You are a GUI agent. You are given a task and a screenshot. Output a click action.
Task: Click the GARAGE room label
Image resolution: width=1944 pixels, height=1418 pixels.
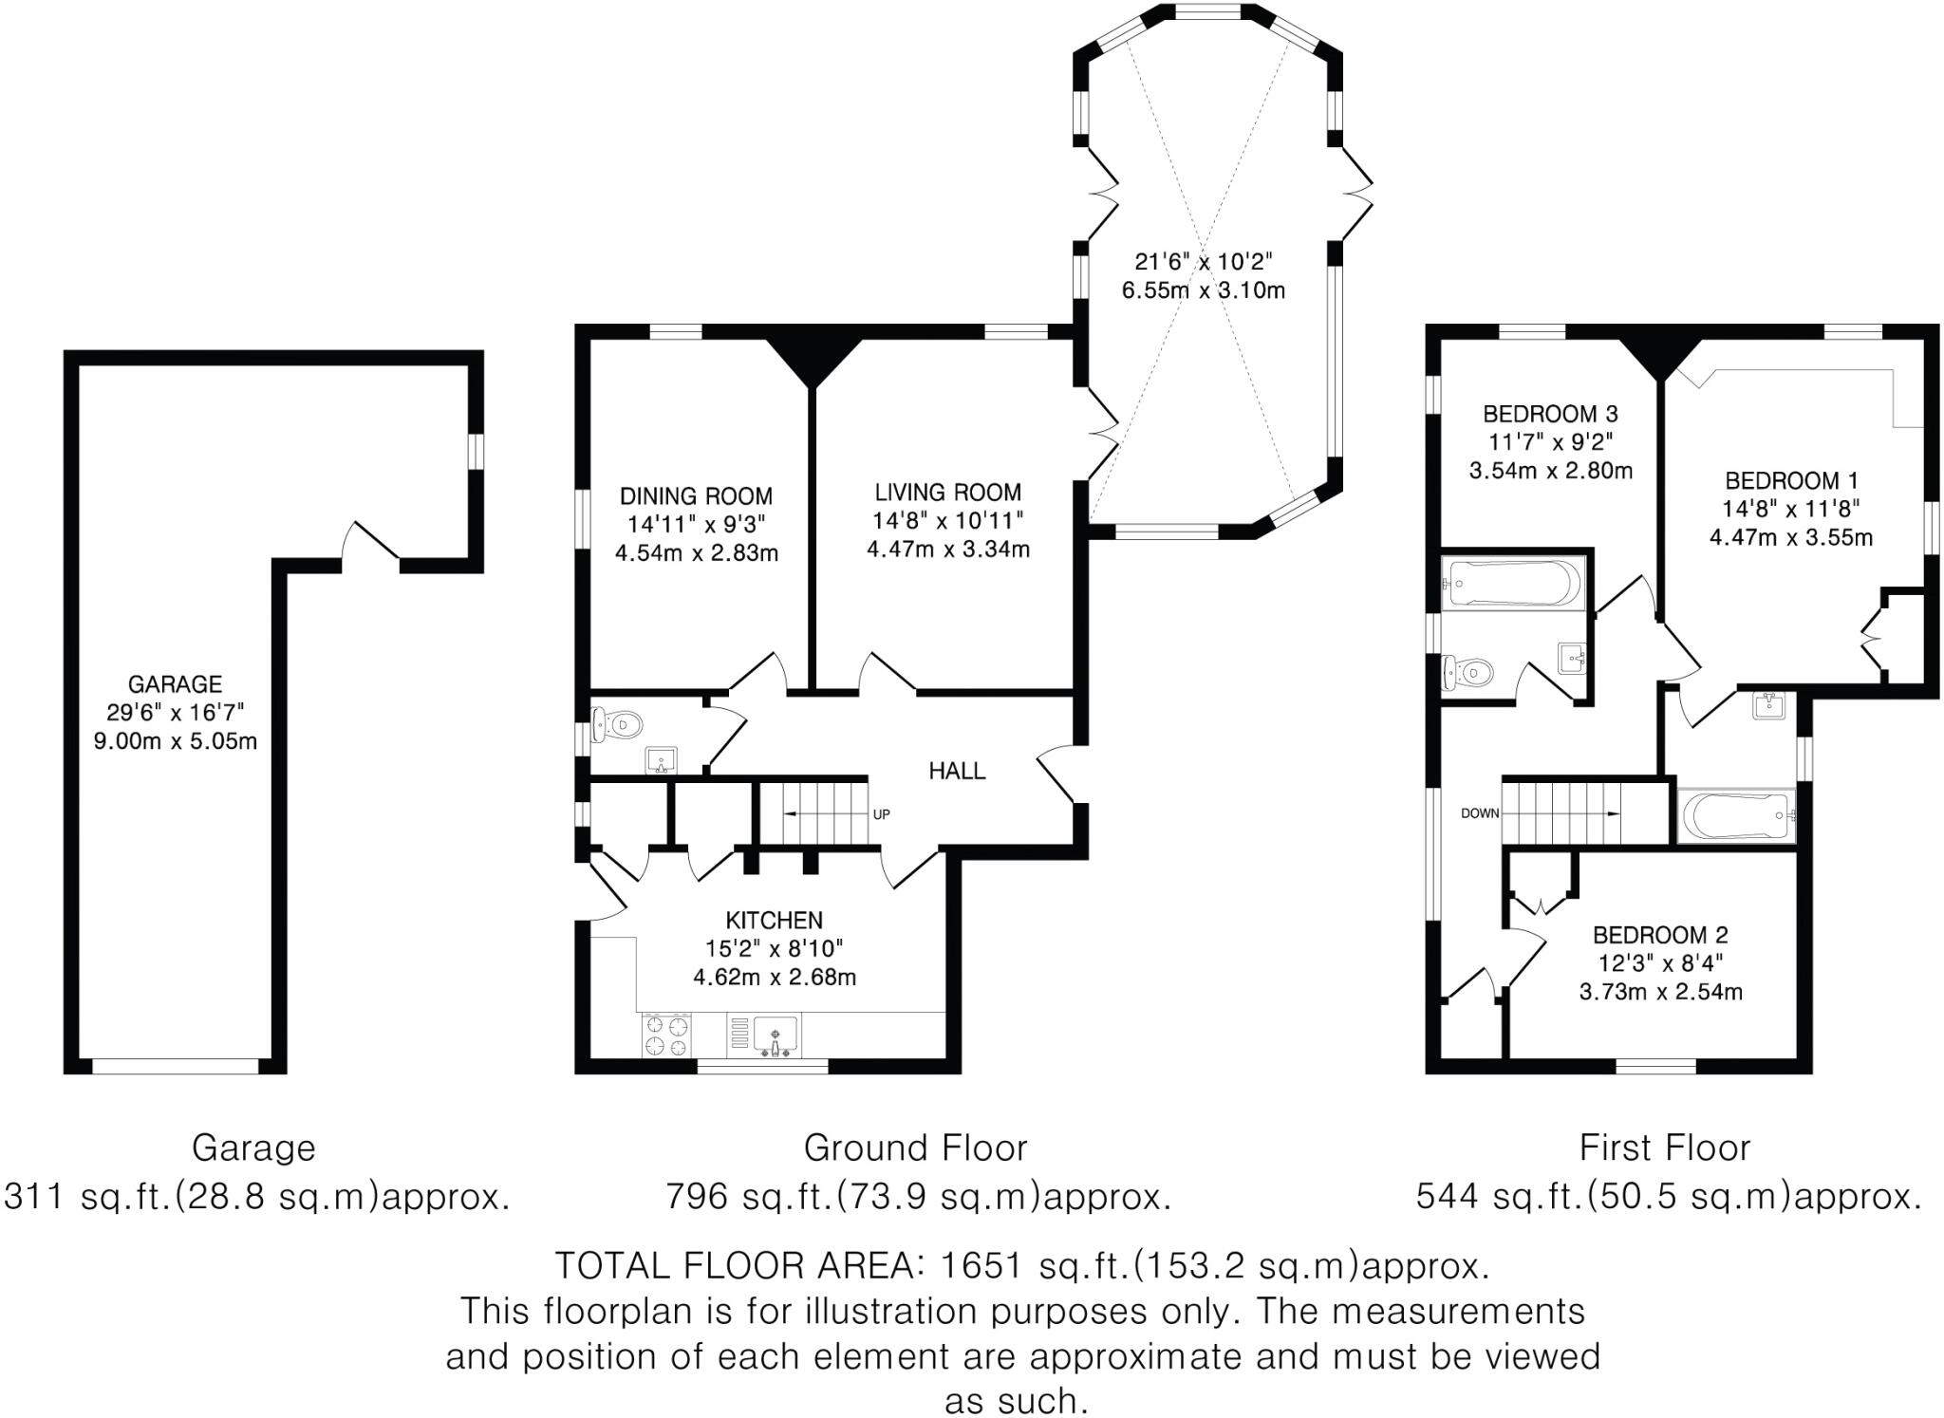click(175, 684)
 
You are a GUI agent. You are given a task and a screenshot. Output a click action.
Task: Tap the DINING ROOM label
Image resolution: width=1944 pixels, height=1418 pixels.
click(696, 495)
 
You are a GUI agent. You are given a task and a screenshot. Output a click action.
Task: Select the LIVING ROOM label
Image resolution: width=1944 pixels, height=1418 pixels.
click(947, 492)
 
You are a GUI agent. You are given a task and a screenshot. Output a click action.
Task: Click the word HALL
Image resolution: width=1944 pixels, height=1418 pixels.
click(957, 771)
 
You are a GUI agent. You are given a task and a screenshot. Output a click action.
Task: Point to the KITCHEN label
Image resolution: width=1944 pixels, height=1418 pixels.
click(774, 920)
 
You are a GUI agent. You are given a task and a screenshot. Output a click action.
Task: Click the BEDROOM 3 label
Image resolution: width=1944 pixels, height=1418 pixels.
click(1550, 414)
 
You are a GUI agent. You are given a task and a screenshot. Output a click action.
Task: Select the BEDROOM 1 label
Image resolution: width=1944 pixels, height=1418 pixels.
click(1791, 480)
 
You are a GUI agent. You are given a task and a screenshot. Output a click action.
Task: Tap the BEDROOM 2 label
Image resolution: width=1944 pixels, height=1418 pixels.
click(1660, 934)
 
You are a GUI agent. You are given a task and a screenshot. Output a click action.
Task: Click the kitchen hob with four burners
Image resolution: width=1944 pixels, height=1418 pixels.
click(667, 1035)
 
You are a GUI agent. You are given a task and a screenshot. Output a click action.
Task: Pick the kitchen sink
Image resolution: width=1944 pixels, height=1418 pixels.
click(775, 1035)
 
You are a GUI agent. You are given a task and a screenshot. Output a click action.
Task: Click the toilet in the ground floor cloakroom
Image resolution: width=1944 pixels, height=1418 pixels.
click(617, 726)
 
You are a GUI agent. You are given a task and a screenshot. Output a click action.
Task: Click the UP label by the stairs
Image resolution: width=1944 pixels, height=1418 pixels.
click(881, 814)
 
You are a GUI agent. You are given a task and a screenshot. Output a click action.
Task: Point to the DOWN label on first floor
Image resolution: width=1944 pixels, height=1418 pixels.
click(1480, 813)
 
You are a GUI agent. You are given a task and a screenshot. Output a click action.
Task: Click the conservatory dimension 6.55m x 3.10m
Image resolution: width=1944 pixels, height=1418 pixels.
click(1203, 290)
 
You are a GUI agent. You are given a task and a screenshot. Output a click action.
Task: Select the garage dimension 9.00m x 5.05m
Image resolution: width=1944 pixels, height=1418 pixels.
click(175, 741)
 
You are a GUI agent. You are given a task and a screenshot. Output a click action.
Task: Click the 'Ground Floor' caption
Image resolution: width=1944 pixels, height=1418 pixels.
click(915, 1148)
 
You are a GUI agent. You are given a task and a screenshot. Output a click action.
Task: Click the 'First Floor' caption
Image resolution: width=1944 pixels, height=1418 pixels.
click(1664, 1148)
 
